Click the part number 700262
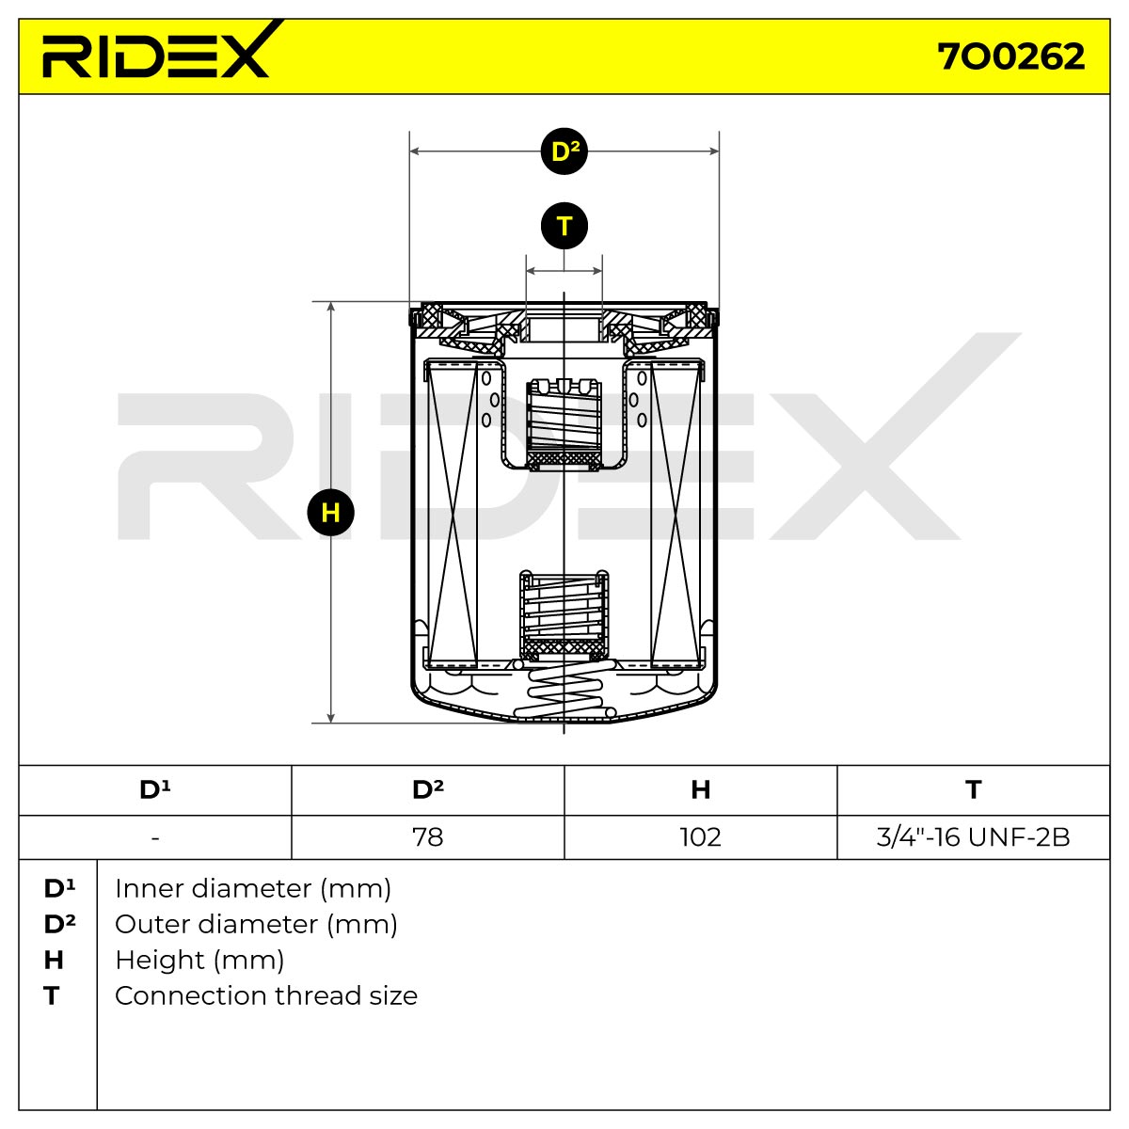pyautogui.click(x=1010, y=56)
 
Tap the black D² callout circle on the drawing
pyautogui.click(x=564, y=151)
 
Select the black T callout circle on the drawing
pyautogui.click(x=564, y=226)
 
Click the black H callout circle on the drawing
pyautogui.click(x=330, y=513)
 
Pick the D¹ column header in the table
pyautogui.click(x=154, y=789)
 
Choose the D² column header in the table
pyautogui.click(x=428, y=789)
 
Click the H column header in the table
pyautogui.click(x=701, y=789)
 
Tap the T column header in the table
pyautogui.click(x=973, y=789)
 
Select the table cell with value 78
pyautogui.click(x=428, y=837)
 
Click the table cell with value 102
pyautogui.click(x=701, y=837)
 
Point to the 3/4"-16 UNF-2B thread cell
pyautogui.click(x=973, y=837)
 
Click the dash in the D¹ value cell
pyautogui.click(x=154, y=838)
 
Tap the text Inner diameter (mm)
pyautogui.click(x=253, y=889)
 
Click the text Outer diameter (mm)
pyautogui.click(x=256, y=925)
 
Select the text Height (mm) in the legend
pyautogui.click(x=199, y=961)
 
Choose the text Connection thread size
pyautogui.click(x=266, y=996)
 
